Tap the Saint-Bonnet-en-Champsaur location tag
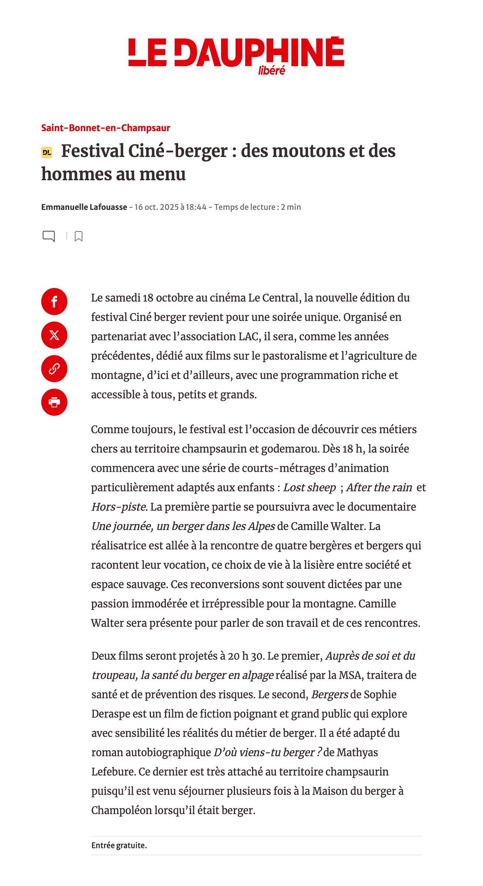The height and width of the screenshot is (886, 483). (x=106, y=128)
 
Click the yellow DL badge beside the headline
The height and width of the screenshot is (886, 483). (x=47, y=152)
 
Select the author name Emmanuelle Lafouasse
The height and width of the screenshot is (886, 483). (x=84, y=207)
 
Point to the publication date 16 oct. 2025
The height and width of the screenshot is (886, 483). (x=151, y=207)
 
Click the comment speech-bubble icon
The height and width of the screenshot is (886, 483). (x=49, y=236)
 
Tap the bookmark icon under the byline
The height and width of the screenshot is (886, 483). (x=79, y=236)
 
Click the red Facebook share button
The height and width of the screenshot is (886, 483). (x=54, y=301)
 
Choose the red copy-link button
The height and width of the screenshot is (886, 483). (x=54, y=368)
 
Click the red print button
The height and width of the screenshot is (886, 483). (x=54, y=402)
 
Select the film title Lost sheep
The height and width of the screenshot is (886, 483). (x=310, y=488)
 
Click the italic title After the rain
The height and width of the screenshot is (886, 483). (x=379, y=488)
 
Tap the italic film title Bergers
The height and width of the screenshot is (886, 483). (x=329, y=695)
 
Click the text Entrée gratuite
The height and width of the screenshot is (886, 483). (x=119, y=845)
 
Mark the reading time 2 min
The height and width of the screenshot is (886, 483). (x=291, y=207)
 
